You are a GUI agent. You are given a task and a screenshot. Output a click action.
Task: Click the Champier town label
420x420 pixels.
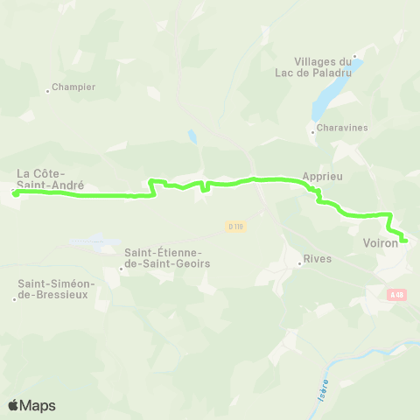(x=73, y=87)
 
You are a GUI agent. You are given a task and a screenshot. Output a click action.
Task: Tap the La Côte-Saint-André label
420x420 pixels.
(x=51, y=178)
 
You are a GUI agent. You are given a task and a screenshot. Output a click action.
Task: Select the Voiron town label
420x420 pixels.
(x=380, y=243)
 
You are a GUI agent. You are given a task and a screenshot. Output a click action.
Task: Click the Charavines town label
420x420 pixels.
(x=343, y=128)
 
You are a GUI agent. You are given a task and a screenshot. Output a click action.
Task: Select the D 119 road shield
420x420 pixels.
(x=234, y=227)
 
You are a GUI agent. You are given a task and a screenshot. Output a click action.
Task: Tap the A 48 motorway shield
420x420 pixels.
(x=397, y=295)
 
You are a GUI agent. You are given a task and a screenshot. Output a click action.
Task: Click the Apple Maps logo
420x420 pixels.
(x=31, y=404)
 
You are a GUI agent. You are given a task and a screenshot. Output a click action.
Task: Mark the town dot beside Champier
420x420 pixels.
(x=47, y=89)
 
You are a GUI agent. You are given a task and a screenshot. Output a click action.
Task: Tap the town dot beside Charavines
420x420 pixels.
(x=312, y=132)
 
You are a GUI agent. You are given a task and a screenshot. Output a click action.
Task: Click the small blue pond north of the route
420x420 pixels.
(x=191, y=136)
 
